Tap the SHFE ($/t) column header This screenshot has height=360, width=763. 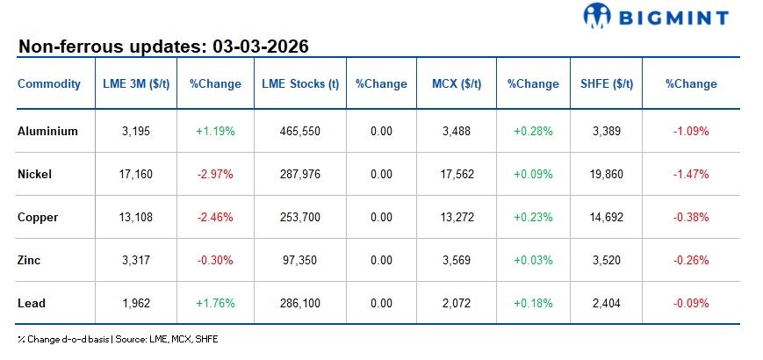coord(607,84)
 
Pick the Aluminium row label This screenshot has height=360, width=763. coord(47,131)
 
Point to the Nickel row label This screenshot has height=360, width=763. coord(34,174)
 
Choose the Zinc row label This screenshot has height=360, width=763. coord(29,260)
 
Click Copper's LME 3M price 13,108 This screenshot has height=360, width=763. coord(137,217)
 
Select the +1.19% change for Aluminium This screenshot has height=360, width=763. coord(214,131)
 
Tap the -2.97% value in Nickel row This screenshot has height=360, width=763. coord(214,174)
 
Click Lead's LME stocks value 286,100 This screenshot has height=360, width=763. coord(299,303)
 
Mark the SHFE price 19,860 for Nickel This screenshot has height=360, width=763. coord(607,174)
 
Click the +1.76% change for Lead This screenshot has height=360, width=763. coord(214,303)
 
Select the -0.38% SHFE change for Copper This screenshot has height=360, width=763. coord(690,217)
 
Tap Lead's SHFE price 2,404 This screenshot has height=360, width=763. coord(607,303)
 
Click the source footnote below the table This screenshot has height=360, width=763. coord(118,339)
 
